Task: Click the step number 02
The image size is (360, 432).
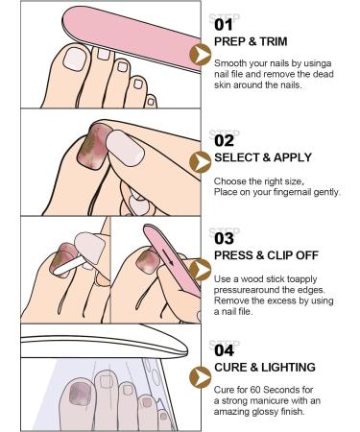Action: pos(223,140)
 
